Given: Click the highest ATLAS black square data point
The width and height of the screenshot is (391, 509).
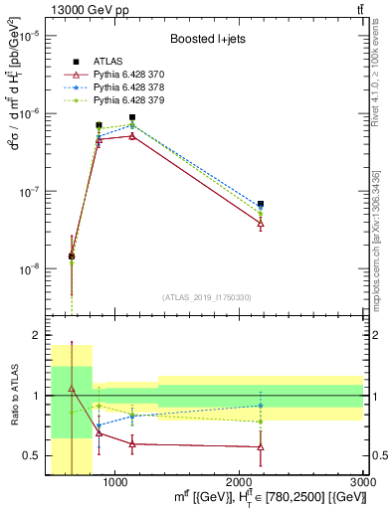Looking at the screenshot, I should pos(132,117).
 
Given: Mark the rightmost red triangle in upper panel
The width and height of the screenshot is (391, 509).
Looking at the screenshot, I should pos(261,224).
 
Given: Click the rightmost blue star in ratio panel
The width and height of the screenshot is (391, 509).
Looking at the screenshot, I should pos(261,406).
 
